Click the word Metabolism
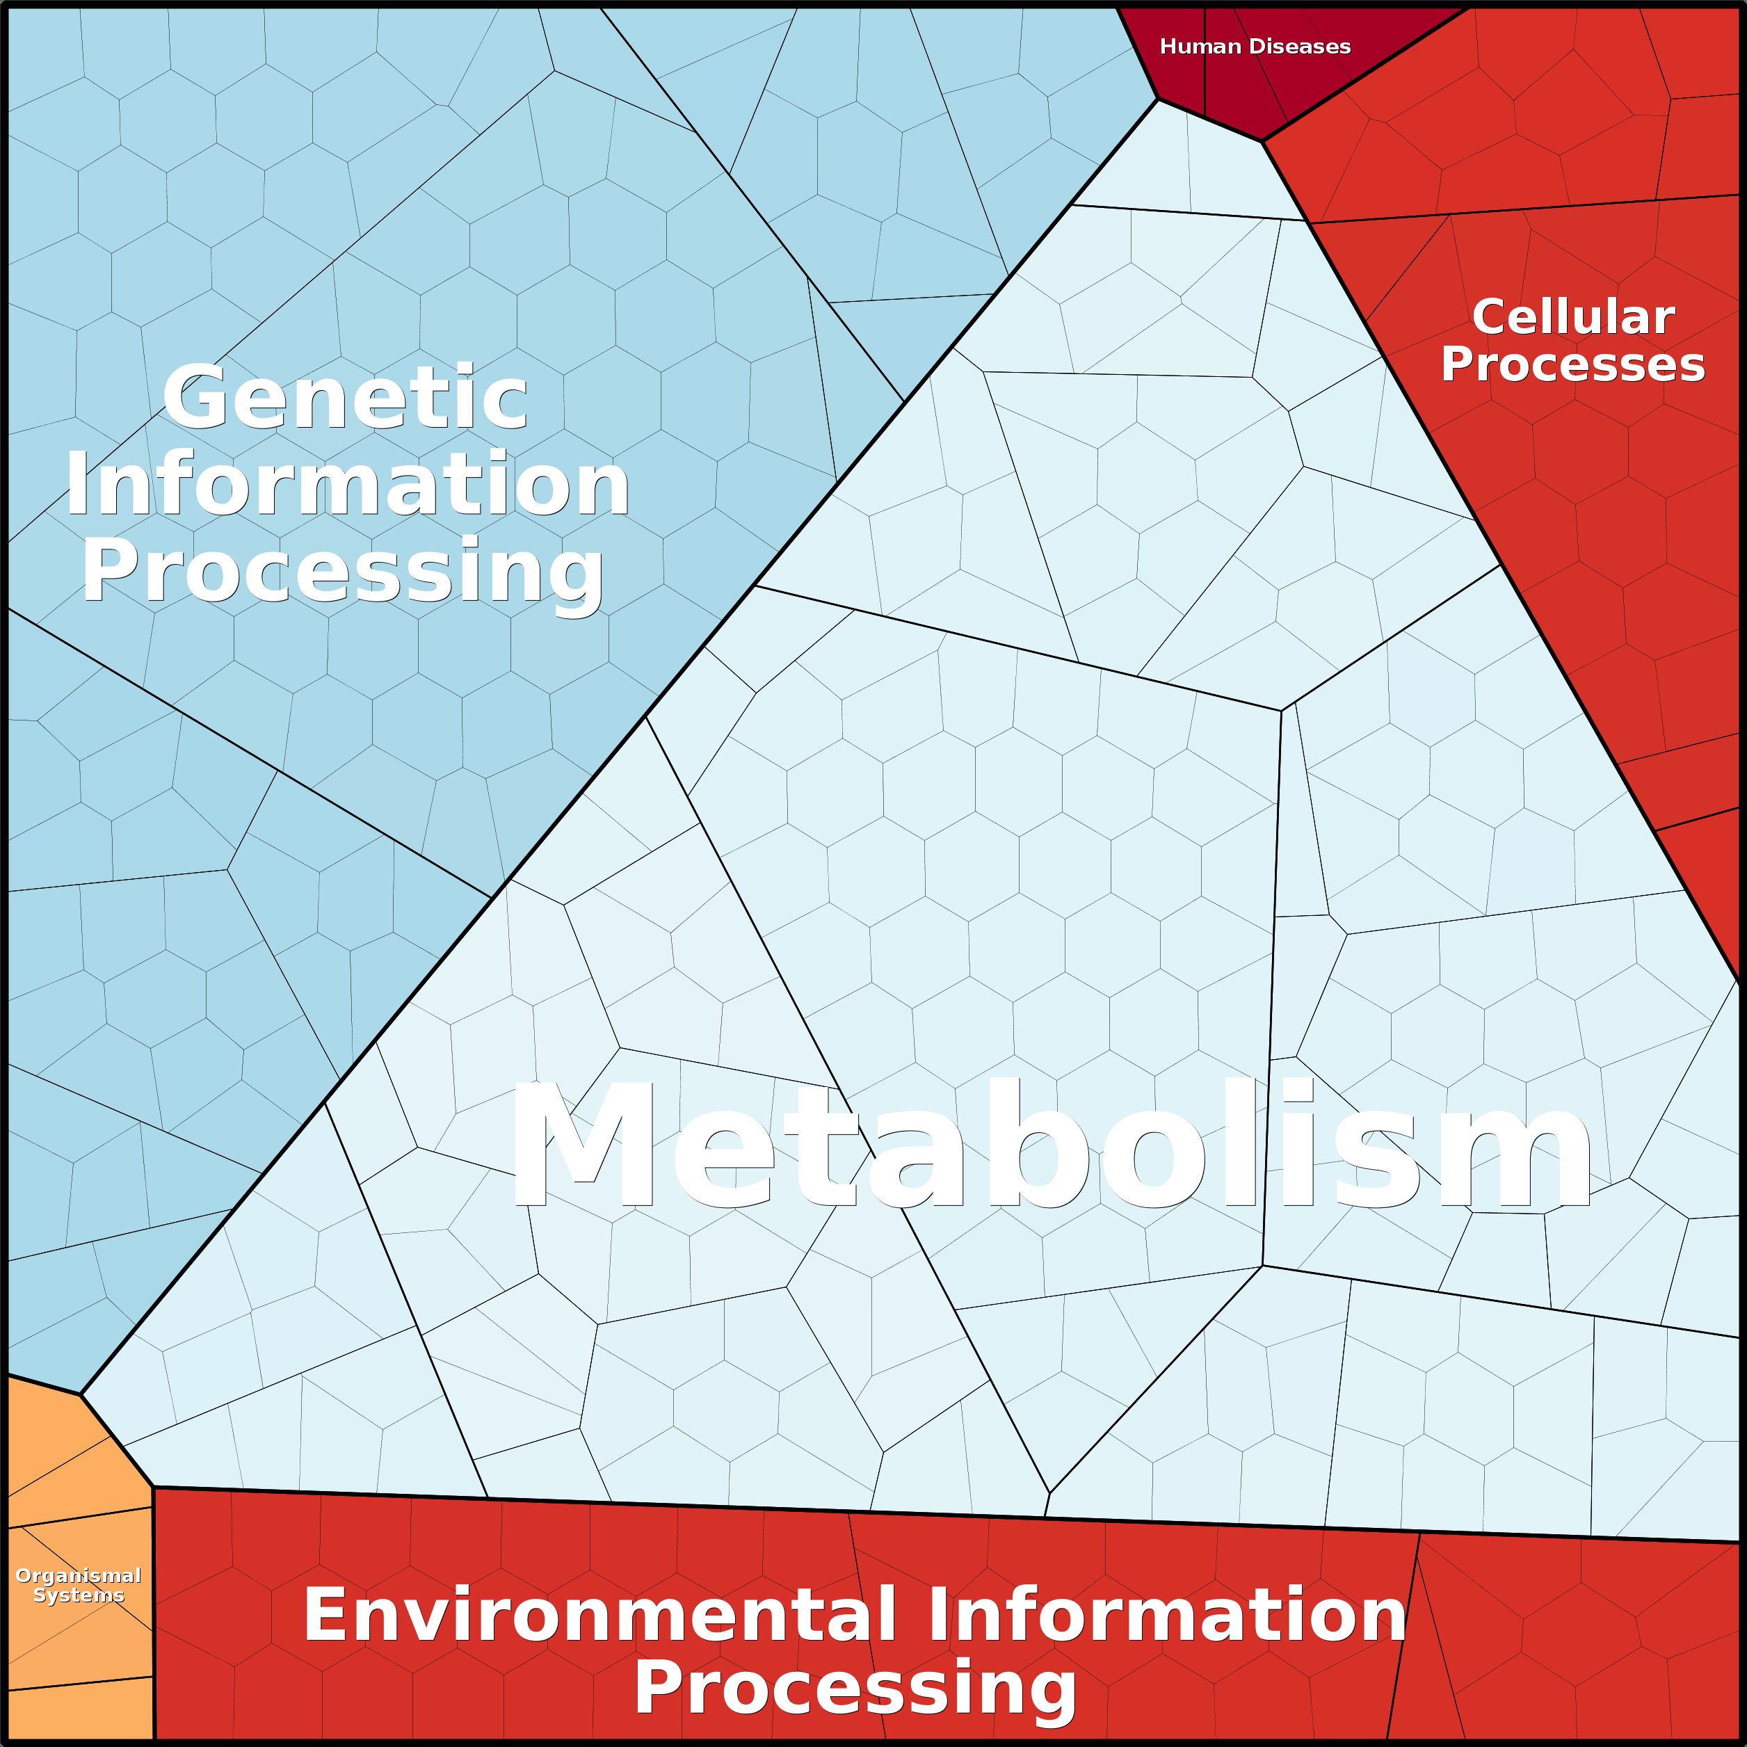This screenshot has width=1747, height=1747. (1049, 1147)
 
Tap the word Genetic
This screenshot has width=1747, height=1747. (344, 398)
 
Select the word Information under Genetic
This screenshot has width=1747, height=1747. (347, 485)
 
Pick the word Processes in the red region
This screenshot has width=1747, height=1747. (1573, 364)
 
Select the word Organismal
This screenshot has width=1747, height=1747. (79, 1576)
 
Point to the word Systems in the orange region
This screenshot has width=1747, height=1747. (79, 1595)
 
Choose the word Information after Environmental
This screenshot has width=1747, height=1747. (1166, 1616)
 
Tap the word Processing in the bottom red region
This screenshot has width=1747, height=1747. (855, 1687)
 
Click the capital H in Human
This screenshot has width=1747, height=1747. (1168, 47)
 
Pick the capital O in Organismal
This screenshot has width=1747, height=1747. (24, 1576)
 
